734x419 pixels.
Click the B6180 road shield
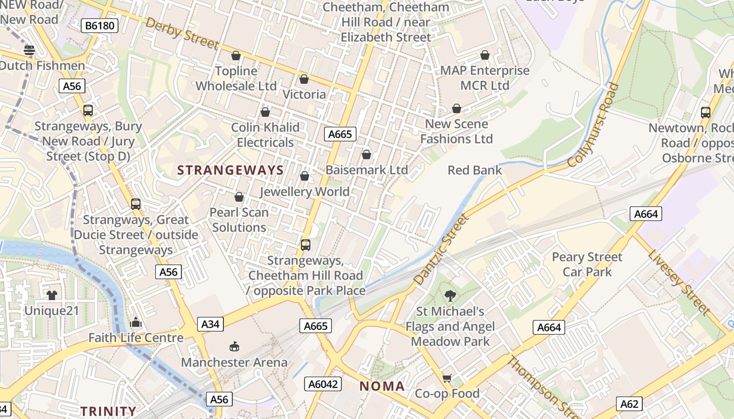tap(100, 25)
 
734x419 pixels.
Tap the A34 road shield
tap(210, 324)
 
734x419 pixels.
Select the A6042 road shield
tap(323, 384)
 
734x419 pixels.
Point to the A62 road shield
tap(629, 404)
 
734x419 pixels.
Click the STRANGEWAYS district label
tap(230, 170)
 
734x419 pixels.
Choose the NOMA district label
tap(382, 387)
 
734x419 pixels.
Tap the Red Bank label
tap(474, 170)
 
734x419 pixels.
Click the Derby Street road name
tap(181, 34)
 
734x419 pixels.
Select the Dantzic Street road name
tap(441, 250)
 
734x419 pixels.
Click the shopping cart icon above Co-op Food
tap(447, 378)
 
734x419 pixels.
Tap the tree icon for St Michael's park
tap(450, 296)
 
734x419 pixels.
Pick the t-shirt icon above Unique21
tap(51, 295)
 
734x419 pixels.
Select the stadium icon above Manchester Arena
tap(234, 347)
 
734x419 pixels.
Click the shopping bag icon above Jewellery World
tap(305, 177)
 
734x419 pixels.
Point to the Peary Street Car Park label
tap(587, 264)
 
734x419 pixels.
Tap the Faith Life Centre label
tap(136, 338)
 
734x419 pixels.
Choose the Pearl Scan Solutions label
tap(239, 220)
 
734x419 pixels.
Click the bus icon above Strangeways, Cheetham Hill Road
tap(306, 245)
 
